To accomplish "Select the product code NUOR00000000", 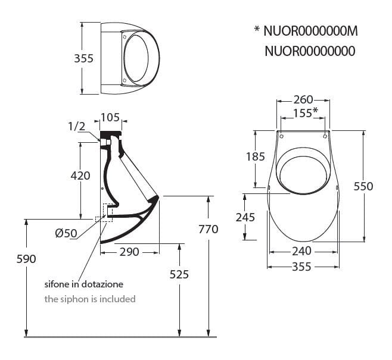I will [x=310, y=51].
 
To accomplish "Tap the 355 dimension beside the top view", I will [x=84, y=58].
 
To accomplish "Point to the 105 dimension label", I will [x=110, y=117].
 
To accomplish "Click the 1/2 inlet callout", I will [x=77, y=126].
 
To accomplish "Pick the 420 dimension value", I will [x=80, y=176].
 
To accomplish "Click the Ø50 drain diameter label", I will [x=66, y=233].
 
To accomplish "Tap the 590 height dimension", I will [x=27, y=259].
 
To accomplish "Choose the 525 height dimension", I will [x=179, y=274].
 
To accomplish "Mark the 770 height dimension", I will [x=208, y=229].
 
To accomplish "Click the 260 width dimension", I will [x=303, y=99].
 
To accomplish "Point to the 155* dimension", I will [x=305, y=113].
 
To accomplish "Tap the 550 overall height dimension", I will [x=363, y=186].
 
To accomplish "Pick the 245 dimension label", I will [x=245, y=217].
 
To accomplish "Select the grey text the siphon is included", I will [x=90, y=299].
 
